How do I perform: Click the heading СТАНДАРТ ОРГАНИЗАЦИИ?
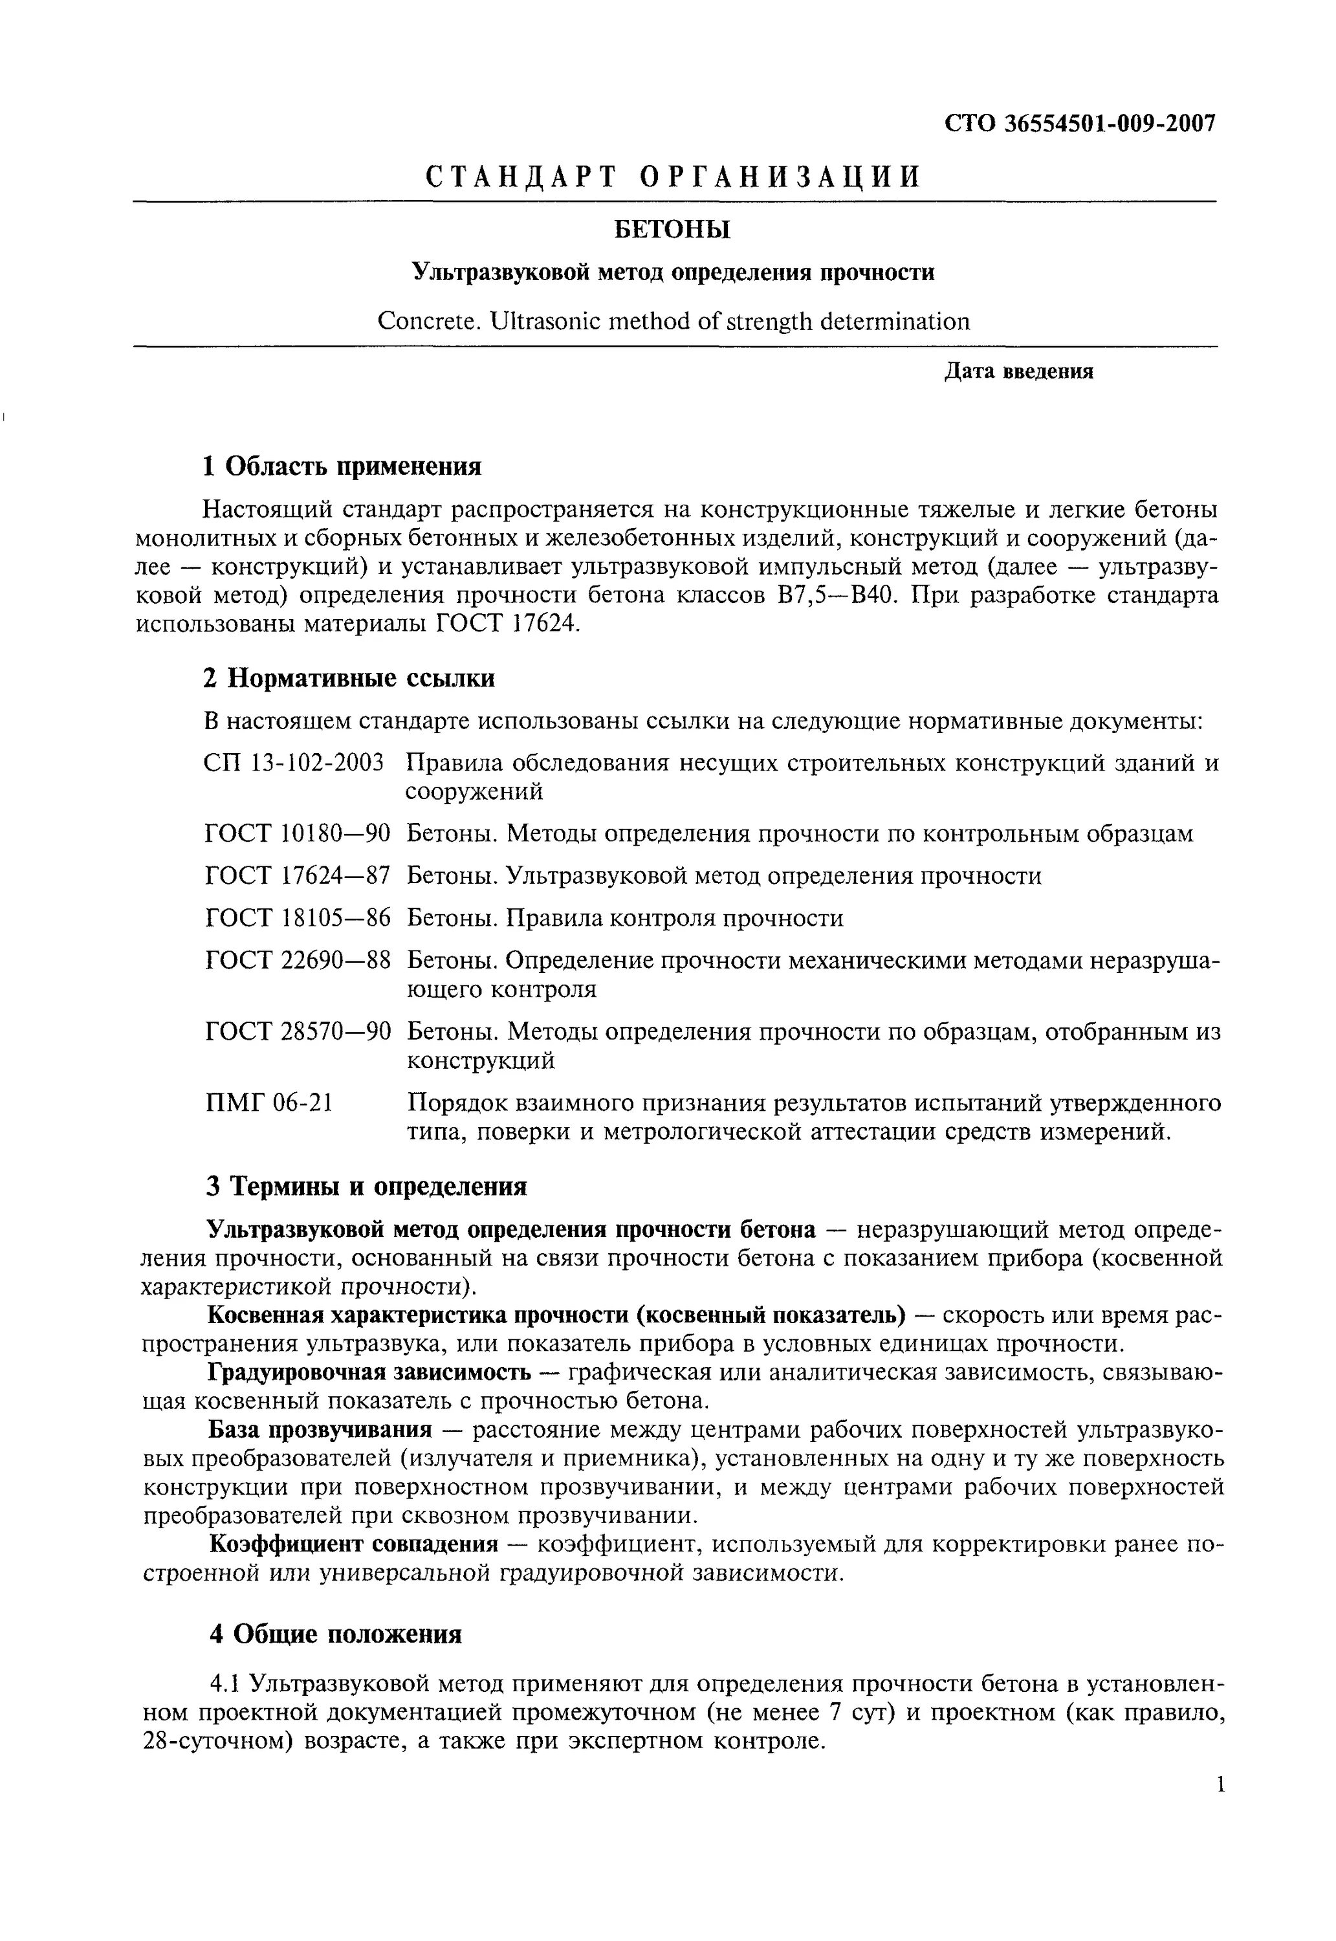coord(674,177)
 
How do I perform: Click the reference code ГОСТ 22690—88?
coord(297,961)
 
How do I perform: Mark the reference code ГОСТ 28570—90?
coord(297,1032)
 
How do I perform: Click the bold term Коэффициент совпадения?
coord(353,1544)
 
